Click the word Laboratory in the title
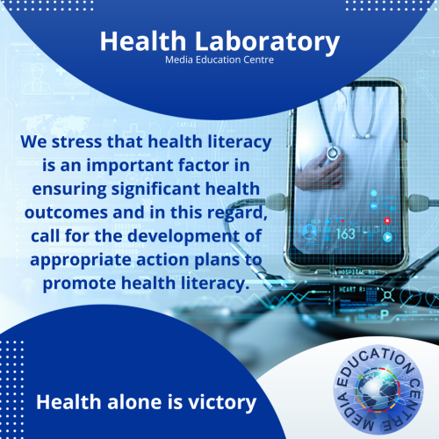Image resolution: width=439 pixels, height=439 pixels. tap(267, 42)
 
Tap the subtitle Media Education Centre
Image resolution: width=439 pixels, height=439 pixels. tap(219, 60)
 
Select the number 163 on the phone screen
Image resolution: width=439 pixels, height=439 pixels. tap(346, 234)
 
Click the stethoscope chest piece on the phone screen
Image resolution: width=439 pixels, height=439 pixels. tap(333, 153)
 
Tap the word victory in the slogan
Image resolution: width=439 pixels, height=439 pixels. tap(222, 403)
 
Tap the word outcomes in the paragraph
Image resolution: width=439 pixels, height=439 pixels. tap(66, 212)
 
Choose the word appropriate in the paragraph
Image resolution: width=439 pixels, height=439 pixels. tap(81, 261)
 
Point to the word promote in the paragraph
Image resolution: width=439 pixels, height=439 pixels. tap(79, 284)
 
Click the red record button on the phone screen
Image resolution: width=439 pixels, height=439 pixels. tap(387, 220)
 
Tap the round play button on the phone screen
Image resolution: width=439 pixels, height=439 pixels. tap(388, 237)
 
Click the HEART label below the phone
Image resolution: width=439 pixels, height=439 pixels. tap(349, 290)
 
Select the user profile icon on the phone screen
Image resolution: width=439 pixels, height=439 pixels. tap(308, 232)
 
